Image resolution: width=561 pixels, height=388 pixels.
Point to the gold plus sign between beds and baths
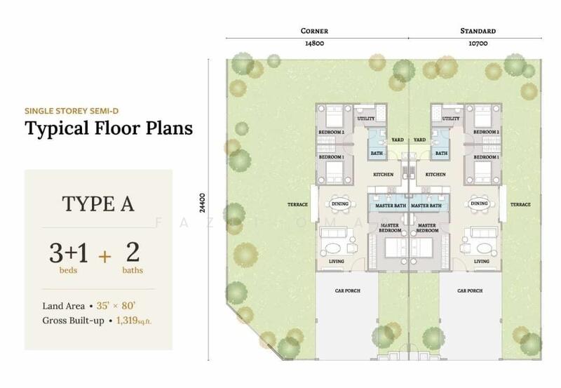tap(104, 255)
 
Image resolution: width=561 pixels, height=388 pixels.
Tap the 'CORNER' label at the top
tap(314, 31)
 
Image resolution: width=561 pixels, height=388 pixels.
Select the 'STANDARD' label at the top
tap(478, 31)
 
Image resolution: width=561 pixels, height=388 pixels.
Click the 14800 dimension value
tap(314, 44)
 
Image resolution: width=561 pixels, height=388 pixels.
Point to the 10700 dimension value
tap(478, 44)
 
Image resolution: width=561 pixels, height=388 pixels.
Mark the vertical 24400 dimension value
tap(203, 203)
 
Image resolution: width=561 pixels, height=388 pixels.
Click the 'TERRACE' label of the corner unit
tap(297, 205)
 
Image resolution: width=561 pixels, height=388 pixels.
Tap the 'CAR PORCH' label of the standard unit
tap(470, 290)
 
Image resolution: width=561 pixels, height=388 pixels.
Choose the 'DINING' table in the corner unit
tap(339, 203)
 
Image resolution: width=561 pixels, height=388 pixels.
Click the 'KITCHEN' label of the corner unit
tap(383, 174)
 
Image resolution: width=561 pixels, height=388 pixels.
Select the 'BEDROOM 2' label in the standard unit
tap(485, 132)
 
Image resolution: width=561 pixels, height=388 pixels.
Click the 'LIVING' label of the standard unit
tap(481, 262)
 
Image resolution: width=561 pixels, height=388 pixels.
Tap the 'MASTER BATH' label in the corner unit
tap(391, 205)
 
